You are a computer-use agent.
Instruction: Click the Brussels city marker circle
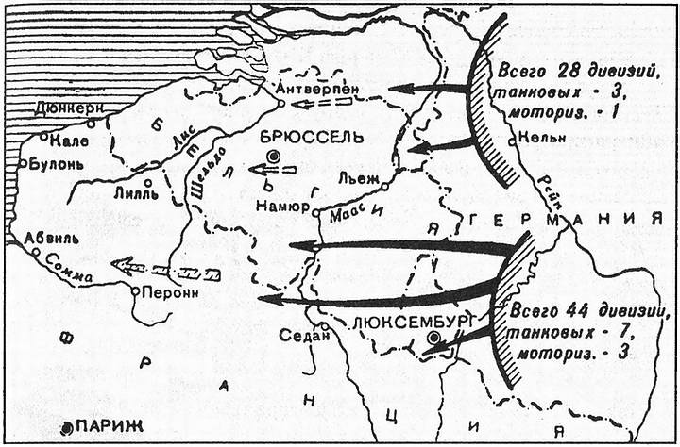point(274,156)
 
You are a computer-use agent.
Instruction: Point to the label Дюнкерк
point(69,108)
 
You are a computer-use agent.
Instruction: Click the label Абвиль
point(54,238)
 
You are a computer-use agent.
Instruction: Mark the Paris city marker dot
point(65,428)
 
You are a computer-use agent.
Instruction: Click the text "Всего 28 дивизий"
point(587,74)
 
